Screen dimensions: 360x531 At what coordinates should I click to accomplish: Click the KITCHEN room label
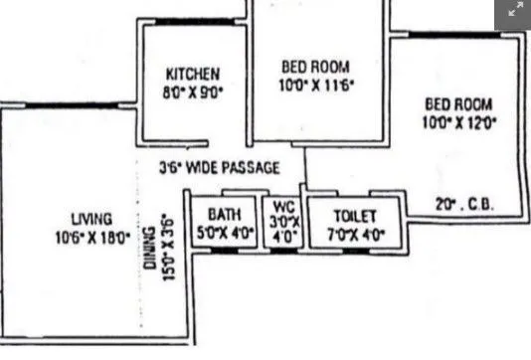coord(192,73)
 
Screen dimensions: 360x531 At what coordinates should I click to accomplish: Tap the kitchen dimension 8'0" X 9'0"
coord(193,90)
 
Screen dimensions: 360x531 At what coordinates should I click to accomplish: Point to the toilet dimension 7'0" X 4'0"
coord(353,235)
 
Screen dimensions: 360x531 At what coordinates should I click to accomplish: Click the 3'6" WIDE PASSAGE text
coord(219,167)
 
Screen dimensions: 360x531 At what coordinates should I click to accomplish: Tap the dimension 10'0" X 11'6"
coord(316,86)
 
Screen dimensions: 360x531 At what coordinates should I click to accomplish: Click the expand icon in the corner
coord(514,11)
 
